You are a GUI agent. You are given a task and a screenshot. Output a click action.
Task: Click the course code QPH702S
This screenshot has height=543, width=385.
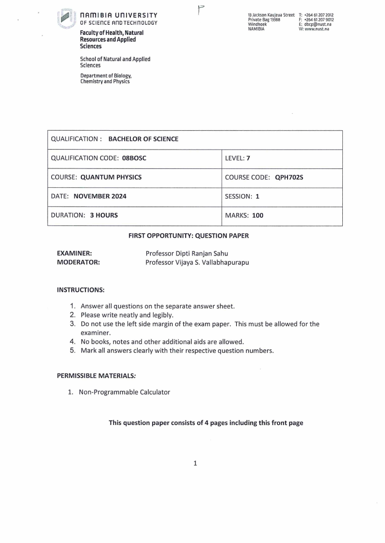tap(289, 177)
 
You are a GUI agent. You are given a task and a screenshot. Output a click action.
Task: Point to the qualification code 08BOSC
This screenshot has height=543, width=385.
tap(134, 158)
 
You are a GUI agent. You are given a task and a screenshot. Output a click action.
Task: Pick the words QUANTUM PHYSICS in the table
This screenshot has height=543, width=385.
tap(111, 177)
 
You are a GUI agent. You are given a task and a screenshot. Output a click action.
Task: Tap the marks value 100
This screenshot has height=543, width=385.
tap(257, 215)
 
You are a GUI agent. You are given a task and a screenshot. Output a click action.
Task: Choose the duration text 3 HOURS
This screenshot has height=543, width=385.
tap(104, 215)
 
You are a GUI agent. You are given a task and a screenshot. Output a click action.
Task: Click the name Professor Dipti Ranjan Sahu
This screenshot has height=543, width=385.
tap(187, 253)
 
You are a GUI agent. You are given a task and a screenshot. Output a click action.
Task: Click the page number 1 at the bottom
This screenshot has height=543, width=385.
tap(195, 464)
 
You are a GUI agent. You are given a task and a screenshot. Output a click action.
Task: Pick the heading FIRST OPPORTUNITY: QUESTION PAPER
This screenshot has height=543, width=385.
tap(189, 236)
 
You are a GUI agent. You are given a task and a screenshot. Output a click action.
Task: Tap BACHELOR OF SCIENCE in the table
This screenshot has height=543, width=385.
tap(143, 139)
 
